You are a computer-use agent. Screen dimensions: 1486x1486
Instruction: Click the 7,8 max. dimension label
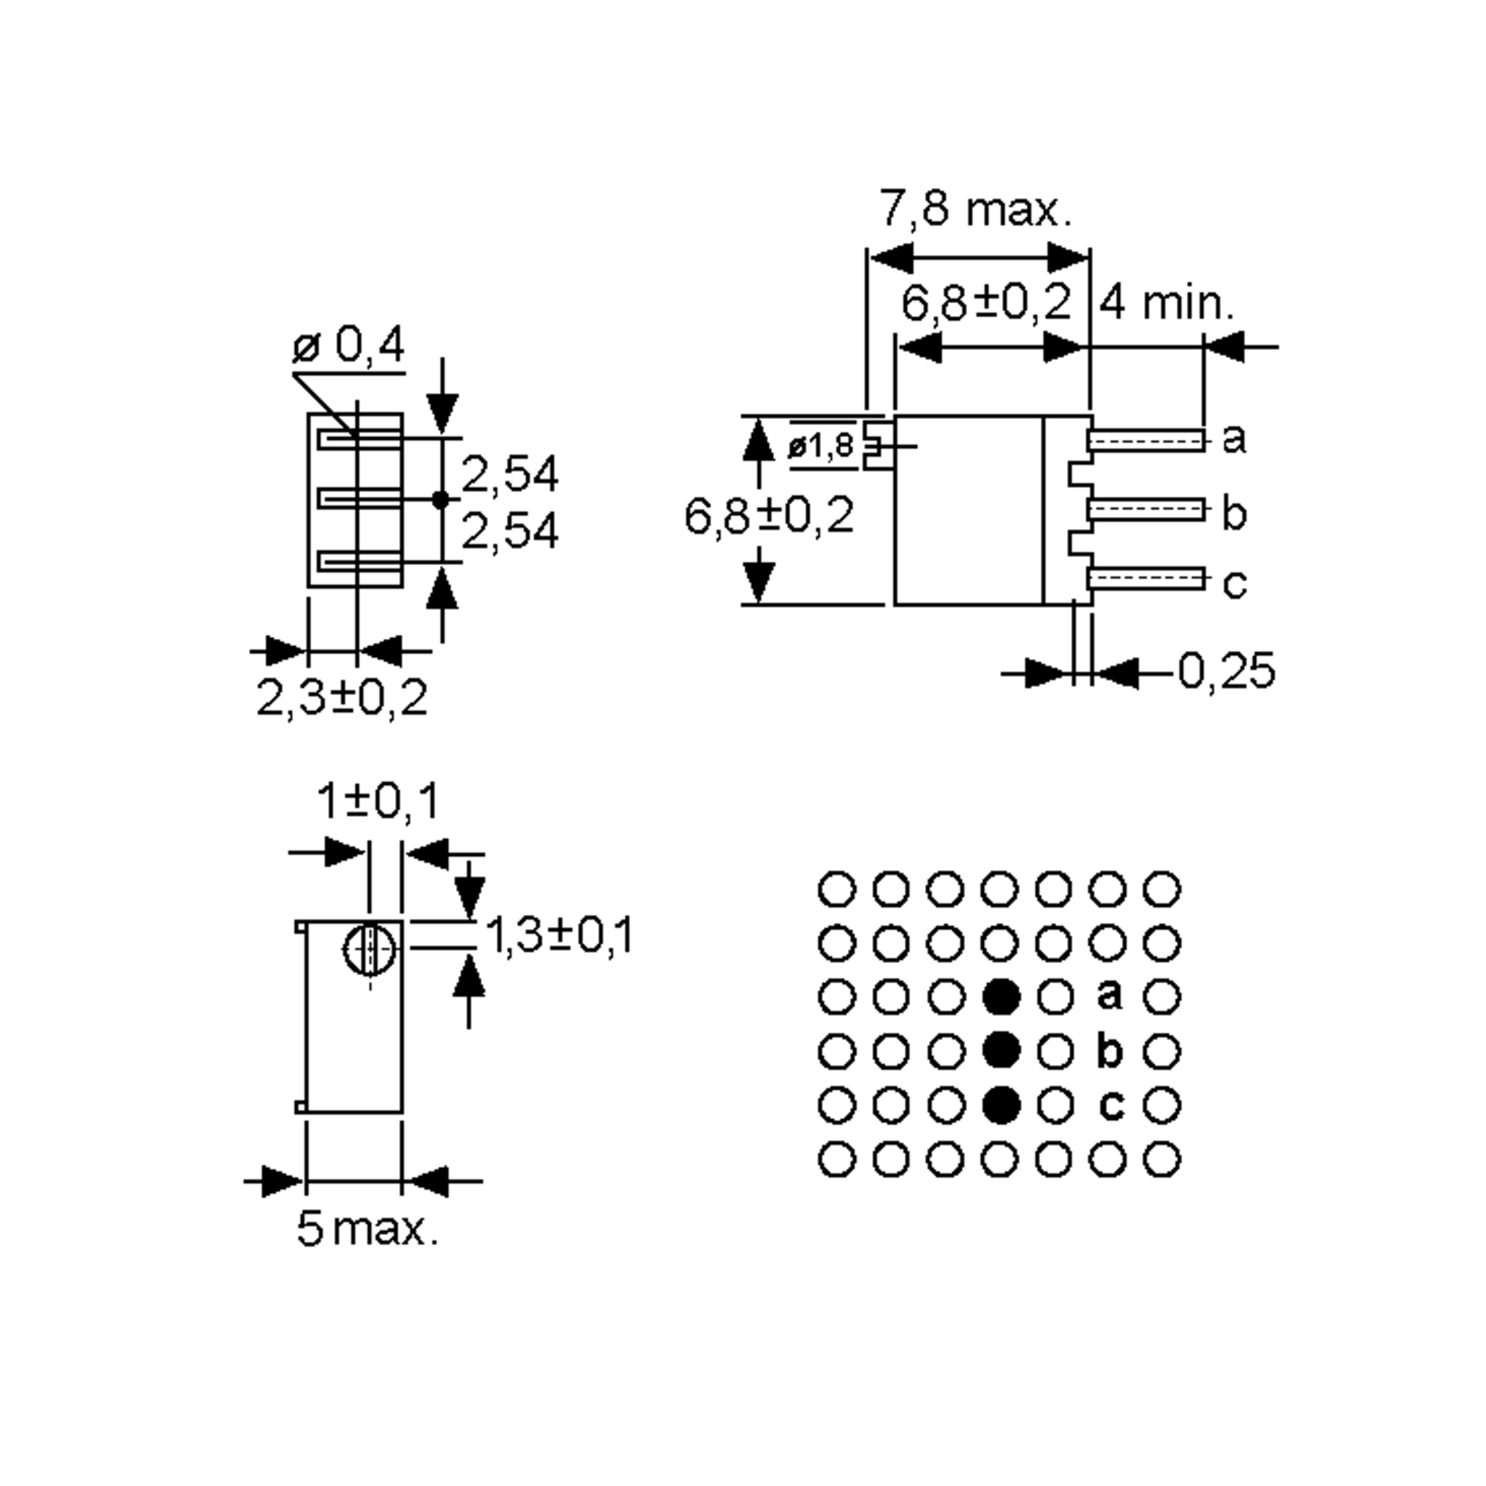tap(975, 209)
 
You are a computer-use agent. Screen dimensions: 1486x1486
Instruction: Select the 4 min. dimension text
tap(1166, 303)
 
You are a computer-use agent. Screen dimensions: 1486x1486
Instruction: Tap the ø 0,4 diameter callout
tap(349, 345)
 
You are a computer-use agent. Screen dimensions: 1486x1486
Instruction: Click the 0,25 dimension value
tap(1226, 671)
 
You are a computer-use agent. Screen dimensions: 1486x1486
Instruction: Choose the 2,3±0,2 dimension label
tap(342, 698)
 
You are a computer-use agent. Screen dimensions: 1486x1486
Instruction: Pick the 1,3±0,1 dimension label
tap(559, 936)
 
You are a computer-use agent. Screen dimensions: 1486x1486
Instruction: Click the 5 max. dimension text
tap(367, 1229)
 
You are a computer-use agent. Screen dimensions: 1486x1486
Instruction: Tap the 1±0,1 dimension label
tap(378, 801)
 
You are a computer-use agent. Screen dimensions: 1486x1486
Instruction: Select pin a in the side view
tap(1146, 441)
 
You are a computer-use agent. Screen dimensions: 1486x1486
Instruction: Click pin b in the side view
tap(1146, 509)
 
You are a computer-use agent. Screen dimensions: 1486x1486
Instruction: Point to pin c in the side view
tap(1146, 578)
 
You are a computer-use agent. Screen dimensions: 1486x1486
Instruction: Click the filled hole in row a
tap(1001, 997)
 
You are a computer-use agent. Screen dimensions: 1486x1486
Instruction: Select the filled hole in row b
tap(1001, 1051)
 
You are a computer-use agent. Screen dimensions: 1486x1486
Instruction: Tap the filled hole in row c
tap(1001, 1105)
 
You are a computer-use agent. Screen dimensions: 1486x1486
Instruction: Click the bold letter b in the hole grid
tap(1109, 1051)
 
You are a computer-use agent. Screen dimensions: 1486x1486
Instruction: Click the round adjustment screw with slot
tap(370, 950)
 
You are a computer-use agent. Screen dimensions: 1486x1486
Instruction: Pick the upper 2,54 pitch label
tap(509, 474)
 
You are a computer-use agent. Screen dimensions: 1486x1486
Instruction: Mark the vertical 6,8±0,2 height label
tap(769, 515)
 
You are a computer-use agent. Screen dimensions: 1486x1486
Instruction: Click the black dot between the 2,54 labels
tap(440, 500)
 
